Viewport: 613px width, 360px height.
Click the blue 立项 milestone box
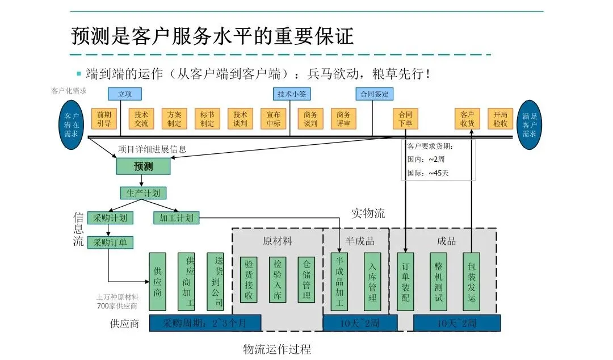click(124, 94)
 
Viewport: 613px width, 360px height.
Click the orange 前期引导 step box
click(104, 119)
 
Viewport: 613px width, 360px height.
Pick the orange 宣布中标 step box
click(274, 119)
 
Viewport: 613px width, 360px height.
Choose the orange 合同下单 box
click(405, 119)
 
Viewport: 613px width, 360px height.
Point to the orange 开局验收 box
click(500, 119)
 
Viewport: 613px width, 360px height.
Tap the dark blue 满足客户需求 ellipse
click(529, 125)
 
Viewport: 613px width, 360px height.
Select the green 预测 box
click(143, 166)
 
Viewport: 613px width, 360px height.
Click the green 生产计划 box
click(143, 193)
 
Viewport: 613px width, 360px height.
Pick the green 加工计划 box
click(176, 218)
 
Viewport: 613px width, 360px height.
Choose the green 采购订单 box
click(110, 242)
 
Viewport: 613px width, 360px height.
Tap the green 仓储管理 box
click(306, 279)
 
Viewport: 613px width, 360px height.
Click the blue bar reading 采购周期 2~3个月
click(205, 323)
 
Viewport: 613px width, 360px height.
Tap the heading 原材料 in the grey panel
click(278, 241)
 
